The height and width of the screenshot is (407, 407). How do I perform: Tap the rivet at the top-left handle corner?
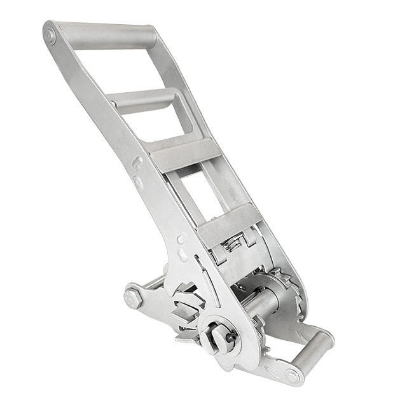pyautogui.click(x=50, y=35)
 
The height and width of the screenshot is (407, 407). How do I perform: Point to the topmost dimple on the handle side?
pyautogui.click(x=137, y=163)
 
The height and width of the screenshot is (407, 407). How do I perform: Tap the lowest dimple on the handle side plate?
pyautogui.click(x=183, y=255)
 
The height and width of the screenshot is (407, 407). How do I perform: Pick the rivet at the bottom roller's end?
pyautogui.click(x=292, y=376)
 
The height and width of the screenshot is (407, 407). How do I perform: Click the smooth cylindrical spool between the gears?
pyautogui.click(x=261, y=305)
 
